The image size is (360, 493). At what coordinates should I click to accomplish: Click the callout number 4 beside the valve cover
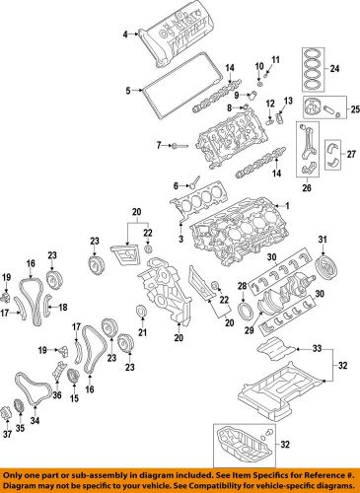click(125, 34)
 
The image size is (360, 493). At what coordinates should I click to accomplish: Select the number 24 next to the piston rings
click(334, 69)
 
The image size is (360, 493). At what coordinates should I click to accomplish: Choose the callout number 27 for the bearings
click(351, 154)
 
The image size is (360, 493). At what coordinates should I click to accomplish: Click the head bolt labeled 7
click(180, 145)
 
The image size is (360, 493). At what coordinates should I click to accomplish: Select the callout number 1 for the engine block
click(287, 206)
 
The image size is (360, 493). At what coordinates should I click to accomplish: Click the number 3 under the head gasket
click(180, 239)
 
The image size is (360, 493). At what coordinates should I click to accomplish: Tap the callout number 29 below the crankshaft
click(249, 329)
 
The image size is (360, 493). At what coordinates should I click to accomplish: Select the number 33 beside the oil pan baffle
click(317, 348)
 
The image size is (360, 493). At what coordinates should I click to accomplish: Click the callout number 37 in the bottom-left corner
click(7, 434)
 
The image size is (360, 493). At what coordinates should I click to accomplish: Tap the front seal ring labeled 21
click(141, 312)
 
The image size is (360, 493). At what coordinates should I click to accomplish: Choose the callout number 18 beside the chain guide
click(62, 308)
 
